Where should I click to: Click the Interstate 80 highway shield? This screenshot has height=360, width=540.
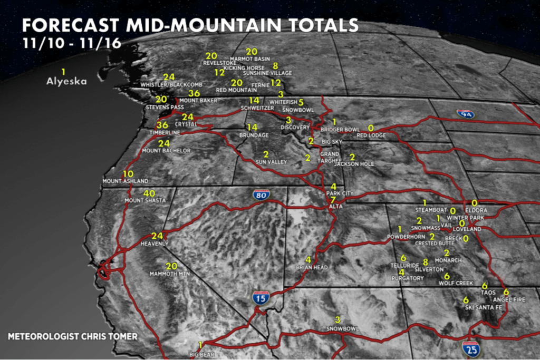261,194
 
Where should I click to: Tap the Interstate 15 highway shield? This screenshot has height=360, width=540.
261,297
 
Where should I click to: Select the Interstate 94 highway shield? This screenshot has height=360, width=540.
465,113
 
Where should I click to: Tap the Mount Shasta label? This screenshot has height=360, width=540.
145,200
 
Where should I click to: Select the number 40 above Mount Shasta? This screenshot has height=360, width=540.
149,193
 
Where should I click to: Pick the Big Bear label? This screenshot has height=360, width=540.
202,355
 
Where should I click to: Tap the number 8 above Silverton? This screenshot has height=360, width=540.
425,262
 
